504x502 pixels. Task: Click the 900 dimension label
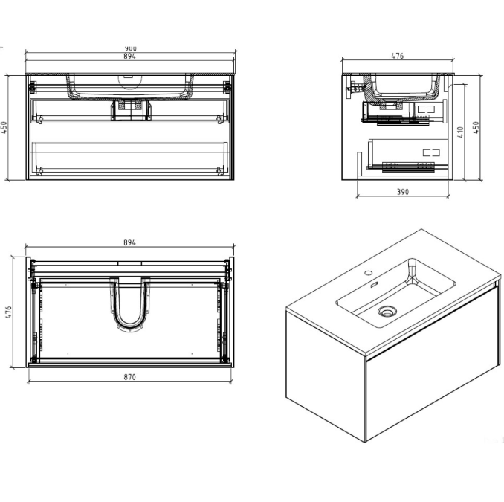[130, 48]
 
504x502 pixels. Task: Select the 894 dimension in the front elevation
[130, 57]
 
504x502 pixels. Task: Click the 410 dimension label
[461, 132]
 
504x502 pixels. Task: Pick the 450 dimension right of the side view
[477, 126]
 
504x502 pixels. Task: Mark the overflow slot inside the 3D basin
[372, 287]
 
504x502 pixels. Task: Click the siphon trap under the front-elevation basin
[131, 109]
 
